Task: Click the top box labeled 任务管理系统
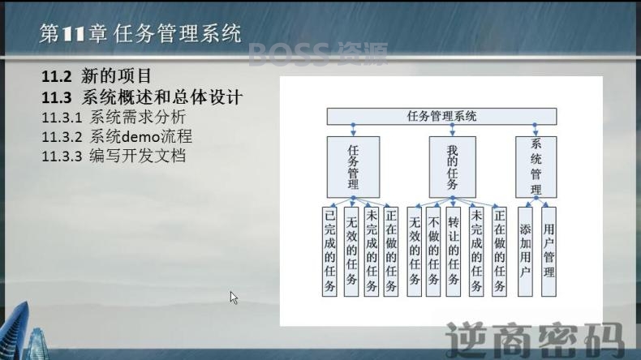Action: coord(441,117)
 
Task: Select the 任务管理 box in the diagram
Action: coord(353,167)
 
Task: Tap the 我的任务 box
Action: coord(452,167)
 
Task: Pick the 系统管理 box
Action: coord(536,167)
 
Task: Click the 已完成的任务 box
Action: coord(329,251)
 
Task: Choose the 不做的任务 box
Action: coord(433,251)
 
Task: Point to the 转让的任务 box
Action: coord(454,251)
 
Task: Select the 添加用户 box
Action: coord(525,251)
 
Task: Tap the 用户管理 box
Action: coord(549,251)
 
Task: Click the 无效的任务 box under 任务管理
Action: coord(351,251)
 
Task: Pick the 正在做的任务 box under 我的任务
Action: coord(499,251)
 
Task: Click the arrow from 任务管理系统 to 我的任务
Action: coord(452,130)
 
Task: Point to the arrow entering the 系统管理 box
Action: coord(536,130)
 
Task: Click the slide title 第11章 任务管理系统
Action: coord(140,33)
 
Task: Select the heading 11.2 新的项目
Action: coord(97,76)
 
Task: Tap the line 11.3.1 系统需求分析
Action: coord(114,118)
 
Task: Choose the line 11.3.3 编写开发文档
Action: coord(114,156)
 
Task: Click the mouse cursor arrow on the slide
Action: coord(234,298)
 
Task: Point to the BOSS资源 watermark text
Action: coord(318,54)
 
